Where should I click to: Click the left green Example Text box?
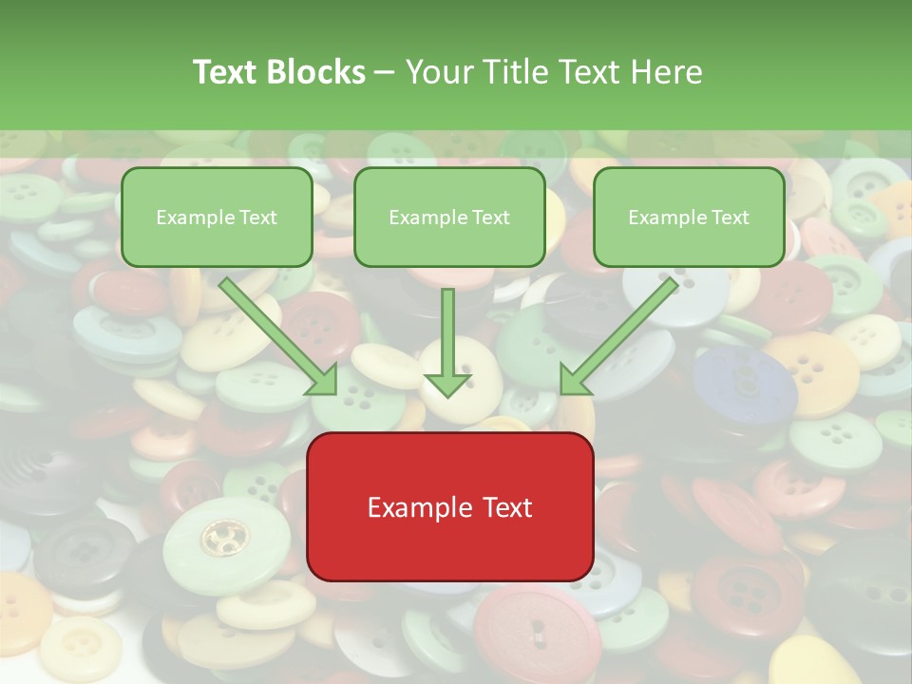tap(217, 217)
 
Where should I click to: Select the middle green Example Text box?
tap(449, 217)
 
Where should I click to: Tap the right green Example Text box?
tap(689, 217)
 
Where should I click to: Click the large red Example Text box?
tap(449, 506)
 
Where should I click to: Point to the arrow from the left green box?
tap(275, 333)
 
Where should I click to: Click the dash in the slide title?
tap(385, 72)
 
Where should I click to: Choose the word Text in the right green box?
tap(731, 218)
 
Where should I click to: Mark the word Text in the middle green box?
tap(491, 218)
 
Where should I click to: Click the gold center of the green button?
tap(224, 538)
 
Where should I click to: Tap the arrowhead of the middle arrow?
tap(447, 384)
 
